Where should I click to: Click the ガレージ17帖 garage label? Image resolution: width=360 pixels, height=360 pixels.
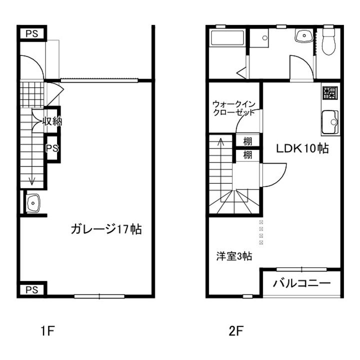[105, 229]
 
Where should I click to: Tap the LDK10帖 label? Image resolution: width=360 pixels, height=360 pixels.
[303, 148]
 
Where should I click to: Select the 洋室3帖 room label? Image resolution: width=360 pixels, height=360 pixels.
[233, 256]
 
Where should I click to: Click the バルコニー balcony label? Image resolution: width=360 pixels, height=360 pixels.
[301, 283]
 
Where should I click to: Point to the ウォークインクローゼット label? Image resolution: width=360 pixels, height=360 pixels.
[233, 108]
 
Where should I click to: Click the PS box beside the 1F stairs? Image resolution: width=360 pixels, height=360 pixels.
[52, 148]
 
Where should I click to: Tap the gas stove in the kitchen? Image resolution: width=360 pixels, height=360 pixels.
[329, 92]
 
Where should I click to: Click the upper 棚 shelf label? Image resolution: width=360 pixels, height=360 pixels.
[247, 141]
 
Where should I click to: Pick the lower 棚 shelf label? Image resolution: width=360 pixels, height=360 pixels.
[247, 154]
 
